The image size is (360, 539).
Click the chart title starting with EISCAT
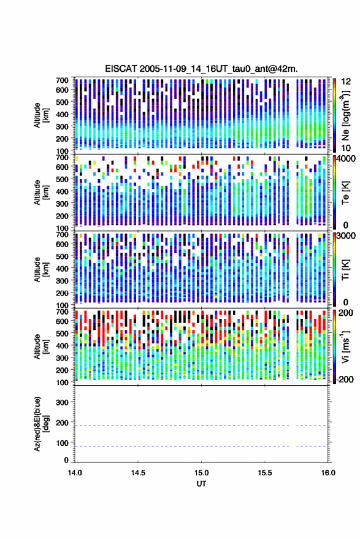click(x=201, y=69)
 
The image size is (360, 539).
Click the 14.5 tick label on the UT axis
click(x=138, y=473)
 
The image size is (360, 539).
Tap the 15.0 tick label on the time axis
click(x=202, y=473)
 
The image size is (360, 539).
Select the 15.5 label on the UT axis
click(x=265, y=473)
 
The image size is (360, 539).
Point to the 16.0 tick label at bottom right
click(x=328, y=473)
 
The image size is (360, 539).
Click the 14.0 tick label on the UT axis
click(x=75, y=473)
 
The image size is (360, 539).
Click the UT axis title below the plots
click(x=201, y=484)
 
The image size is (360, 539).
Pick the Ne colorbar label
click(x=345, y=115)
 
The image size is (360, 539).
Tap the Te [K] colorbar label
click(x=345, y=193)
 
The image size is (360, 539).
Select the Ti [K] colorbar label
click(x=345, y=270)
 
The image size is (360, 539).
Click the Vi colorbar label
click(x=345, y=346)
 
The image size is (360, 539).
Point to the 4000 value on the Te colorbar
click(x=347, y=159)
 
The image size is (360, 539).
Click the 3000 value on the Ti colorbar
click(x=346, y=236)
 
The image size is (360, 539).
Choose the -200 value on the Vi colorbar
click(x=345, y=379)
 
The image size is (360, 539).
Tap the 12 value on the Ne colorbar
click(x=347, y=82)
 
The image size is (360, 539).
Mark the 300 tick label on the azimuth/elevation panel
click(x=63, y=402)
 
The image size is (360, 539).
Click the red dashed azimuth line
click(x=201, y=426)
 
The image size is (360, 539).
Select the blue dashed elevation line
click(x=201, y=446)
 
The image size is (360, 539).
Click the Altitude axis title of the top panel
click(x=41, y=115)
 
